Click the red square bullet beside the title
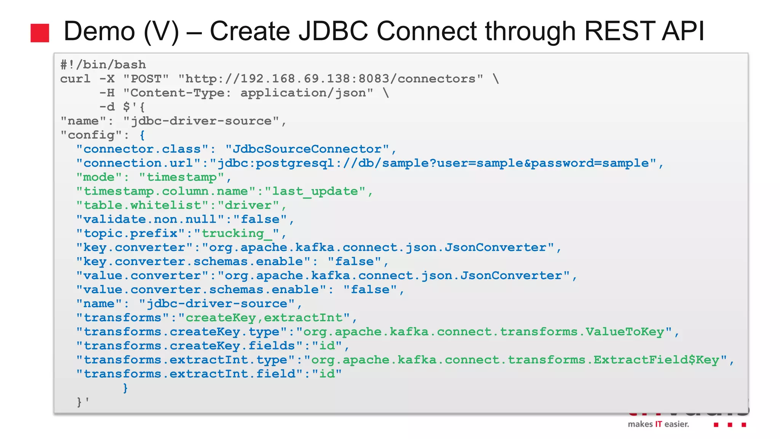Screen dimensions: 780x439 [x=40, y=33]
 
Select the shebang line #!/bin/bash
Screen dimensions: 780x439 [x=103, y=65]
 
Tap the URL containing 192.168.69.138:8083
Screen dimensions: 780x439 [x=331, y=79]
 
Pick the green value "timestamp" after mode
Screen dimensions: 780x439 [x=182, y=177]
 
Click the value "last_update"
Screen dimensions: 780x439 [x=315, y=191]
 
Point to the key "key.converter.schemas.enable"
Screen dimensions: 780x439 [x=193, y=262]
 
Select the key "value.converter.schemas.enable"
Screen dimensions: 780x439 [x=201, y=290]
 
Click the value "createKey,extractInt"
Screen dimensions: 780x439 [x=264, y=318]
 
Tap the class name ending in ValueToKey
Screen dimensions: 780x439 [x=484, y=332]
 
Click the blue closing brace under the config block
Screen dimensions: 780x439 [x=125, y=388]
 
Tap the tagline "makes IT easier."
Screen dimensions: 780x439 [x=659, y=424]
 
